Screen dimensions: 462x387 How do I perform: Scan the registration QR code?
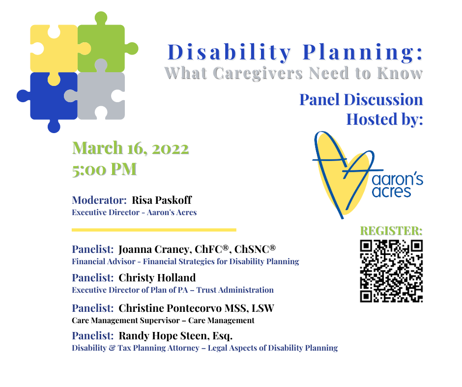point(391,271)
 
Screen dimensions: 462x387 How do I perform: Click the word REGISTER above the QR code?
point(391,231)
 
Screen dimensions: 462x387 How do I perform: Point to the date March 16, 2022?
point(131,148)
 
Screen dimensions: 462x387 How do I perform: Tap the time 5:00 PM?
point(105,169)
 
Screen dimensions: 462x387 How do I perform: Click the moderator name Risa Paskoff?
point(162,200)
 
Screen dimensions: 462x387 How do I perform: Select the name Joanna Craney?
point(155,249)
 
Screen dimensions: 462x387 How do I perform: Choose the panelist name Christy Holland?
point(157,278)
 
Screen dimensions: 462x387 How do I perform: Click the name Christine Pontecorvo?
point(170,308)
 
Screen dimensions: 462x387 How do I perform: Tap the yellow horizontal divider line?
point(154,230)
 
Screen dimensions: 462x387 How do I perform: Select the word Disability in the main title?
point(229,53)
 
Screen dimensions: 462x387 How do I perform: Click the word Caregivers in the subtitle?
point(258,73)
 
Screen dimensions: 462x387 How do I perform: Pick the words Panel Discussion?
point(361,100)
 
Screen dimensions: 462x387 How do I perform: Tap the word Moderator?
point(99,200)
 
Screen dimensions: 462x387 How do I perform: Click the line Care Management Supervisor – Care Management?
point(163,320)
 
